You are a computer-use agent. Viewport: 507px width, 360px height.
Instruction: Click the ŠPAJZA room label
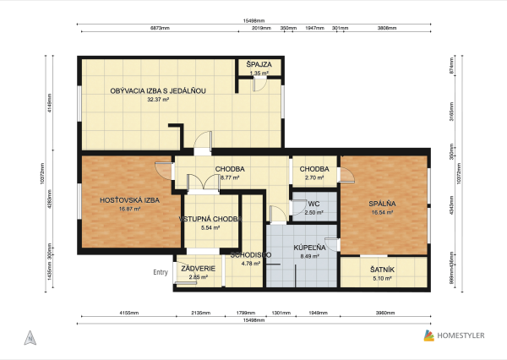point(259,64)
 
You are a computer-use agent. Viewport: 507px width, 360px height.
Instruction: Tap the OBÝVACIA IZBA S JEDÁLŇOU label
point(158,90)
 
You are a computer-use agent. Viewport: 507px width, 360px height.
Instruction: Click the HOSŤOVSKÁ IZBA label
point(129,199)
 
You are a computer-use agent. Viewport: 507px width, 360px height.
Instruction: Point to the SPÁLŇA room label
point(382,204)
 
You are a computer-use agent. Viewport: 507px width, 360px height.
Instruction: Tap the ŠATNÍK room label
point(382,269)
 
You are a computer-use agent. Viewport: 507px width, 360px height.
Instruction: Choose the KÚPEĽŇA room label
point(310,248)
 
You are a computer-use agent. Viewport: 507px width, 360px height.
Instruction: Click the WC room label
point(313,204)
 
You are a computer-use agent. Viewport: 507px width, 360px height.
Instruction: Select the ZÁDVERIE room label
point(199,269)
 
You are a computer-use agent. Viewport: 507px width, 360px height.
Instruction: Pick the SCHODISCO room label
point(250,254)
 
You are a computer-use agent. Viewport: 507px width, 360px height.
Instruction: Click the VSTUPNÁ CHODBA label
point(210,219)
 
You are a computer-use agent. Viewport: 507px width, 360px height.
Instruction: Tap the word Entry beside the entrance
point(161,272)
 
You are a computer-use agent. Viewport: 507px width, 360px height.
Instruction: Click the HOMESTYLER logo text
point(461,336)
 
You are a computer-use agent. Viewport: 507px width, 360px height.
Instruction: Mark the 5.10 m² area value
point(382,277)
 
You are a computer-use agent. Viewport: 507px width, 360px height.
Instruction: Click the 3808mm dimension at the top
point(388,28)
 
